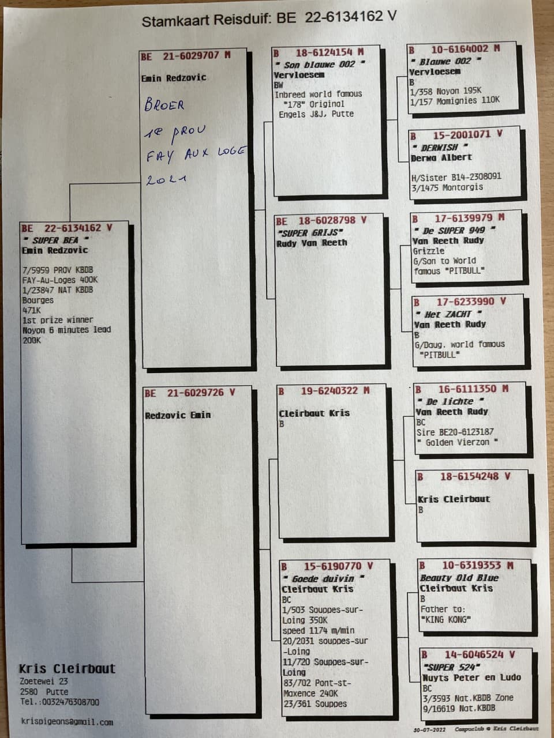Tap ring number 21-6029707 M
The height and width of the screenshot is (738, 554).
point(196,56)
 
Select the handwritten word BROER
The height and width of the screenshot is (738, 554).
point(164,106)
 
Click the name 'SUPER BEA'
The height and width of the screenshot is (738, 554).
point(55,240)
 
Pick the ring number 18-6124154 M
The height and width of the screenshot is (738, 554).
point(330,53)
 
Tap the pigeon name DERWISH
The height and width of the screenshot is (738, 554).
point(440,147)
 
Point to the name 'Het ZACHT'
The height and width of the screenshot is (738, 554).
point(448,314)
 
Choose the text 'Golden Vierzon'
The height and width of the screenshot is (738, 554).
point(457,442)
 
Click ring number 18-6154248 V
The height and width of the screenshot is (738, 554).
point(475,476)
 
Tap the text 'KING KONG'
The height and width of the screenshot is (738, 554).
point(446,620)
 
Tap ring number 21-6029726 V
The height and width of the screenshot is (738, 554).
point(200,393)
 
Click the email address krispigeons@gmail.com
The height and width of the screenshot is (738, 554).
point(67,722)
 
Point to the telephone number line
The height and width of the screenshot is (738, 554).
point(59,702)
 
